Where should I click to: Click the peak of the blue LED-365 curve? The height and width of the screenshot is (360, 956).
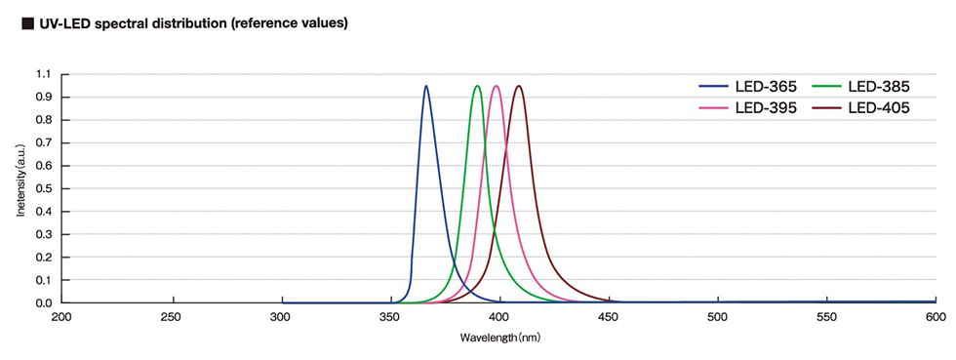(x=426, y=86)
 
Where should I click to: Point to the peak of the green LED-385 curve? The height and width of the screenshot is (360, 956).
(x=477, y=86)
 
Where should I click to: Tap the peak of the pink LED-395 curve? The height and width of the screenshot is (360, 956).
(x=497, y=86)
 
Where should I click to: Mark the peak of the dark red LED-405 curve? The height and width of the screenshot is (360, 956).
(x=518, y=86)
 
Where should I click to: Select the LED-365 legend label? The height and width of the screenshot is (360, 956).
(x=766, y=87)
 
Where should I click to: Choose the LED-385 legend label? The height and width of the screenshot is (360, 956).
(x=879, y=87)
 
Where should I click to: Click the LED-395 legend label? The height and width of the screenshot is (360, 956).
(x=766, y=107)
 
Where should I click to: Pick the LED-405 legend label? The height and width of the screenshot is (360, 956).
(x=879, y=107)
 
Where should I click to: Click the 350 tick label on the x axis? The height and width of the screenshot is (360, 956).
(x=389, y=318)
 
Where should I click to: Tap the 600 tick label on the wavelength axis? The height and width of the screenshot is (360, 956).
(x=935, y=318)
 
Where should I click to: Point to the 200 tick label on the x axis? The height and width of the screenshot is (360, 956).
(x=61, y=318)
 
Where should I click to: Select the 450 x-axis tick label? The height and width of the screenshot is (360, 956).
(x=608, y=318)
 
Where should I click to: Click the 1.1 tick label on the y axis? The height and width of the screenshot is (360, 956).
(x=43, y=74)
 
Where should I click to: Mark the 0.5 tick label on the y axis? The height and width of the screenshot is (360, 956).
(x=43, y=189)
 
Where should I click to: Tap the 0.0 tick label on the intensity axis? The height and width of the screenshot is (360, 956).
(x=43, y=303)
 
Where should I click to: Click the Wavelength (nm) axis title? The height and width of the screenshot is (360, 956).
(x=498, y=338)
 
